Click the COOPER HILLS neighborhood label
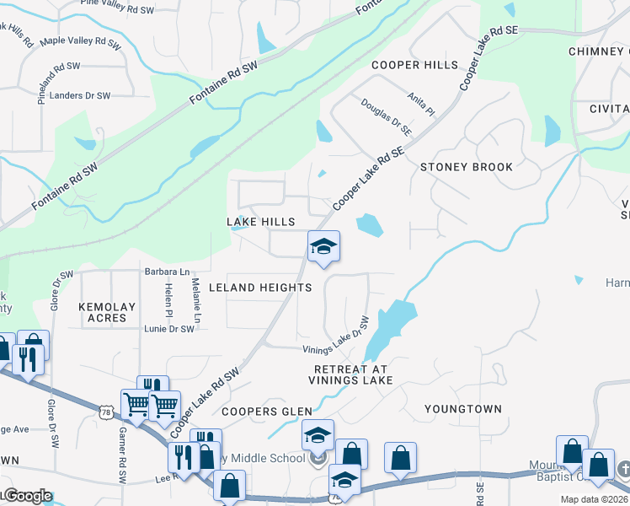point(416,65)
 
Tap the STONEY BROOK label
point(467,167)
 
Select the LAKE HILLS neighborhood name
point(261,221)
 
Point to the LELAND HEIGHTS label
point(260,288)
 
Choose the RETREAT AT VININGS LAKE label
point(353,375)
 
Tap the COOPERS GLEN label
point(267,412)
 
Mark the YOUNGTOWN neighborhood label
point(462,409)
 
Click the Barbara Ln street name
point(167,272)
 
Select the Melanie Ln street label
point(195,302)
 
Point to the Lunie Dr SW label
point(169,329)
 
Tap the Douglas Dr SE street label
point(387,117)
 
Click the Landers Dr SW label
point(80,95)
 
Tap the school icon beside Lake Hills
point(323,247)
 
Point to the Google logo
point(27,495)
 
